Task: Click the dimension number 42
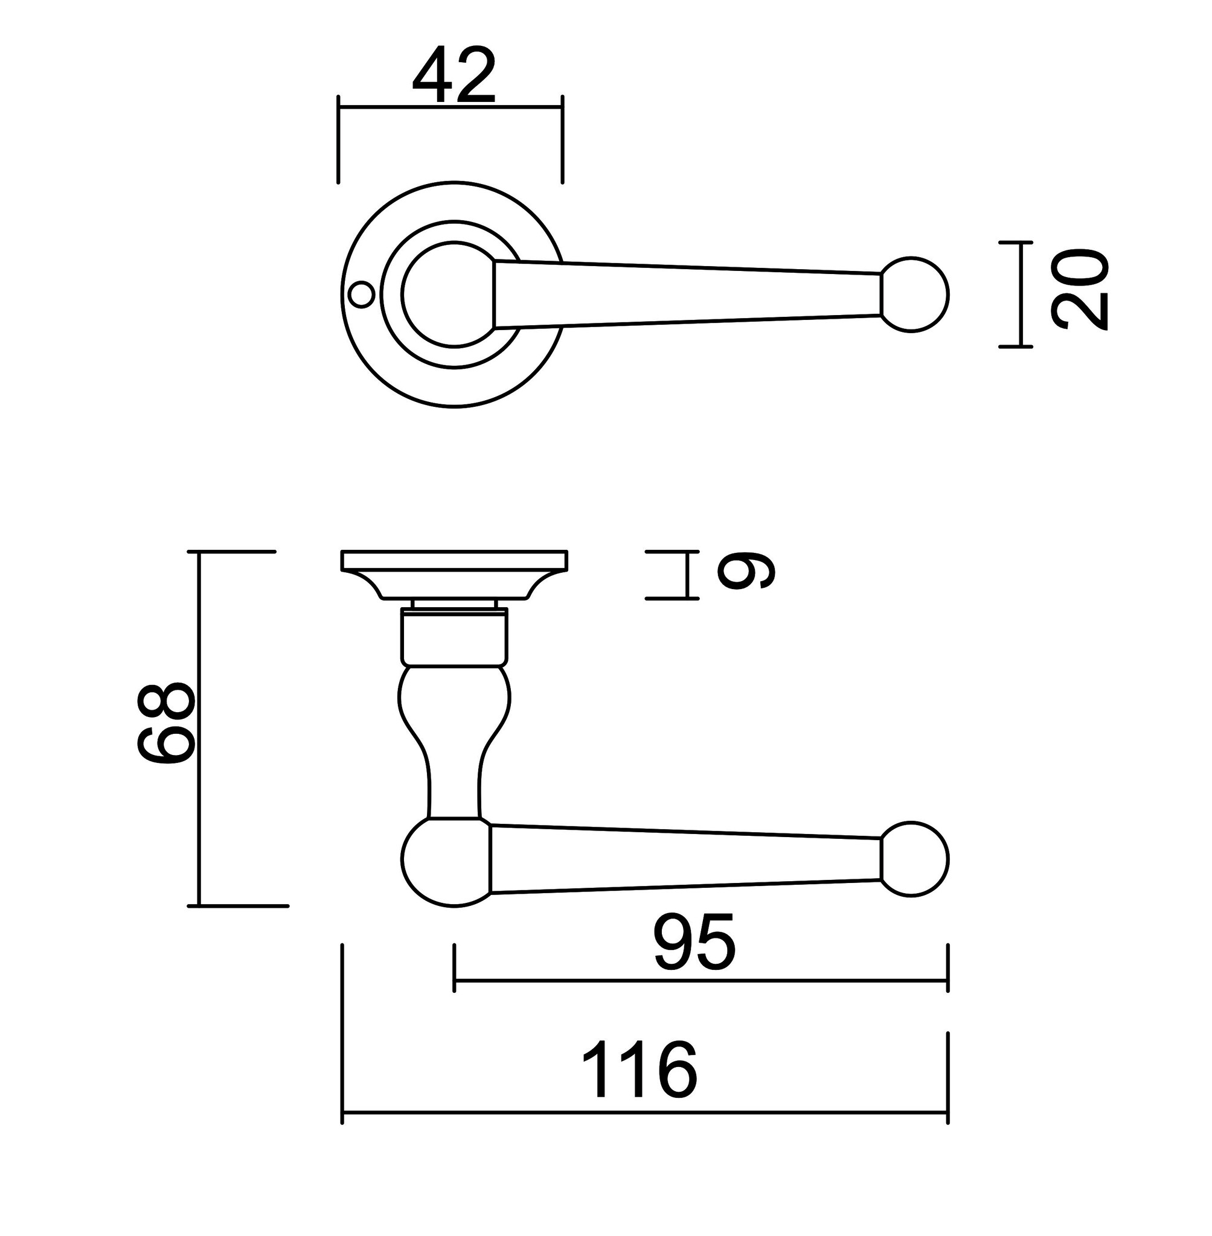point(454,76)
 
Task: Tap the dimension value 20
point(1080,290)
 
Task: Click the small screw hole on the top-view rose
point(362,295)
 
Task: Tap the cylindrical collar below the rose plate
point(454,637)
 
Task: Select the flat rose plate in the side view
point(454,561)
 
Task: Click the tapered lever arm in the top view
point(687,295)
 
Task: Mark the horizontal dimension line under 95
point(701,981)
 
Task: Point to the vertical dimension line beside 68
point(199,728)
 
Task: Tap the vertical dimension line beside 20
point(1022,295)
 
